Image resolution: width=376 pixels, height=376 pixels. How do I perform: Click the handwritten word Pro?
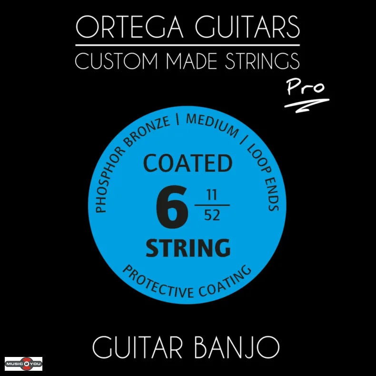(x=306, y=87)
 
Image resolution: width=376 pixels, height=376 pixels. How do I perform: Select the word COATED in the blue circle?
(x=188, y=164)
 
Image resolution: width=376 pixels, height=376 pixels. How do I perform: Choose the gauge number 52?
(x=212, y=216)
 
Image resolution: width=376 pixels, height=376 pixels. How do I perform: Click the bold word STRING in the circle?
(x=188, y=248)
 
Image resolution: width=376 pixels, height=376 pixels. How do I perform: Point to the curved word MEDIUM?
(x=212, y=125)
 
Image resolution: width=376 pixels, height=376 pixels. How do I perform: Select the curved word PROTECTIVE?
(x=152, y=282)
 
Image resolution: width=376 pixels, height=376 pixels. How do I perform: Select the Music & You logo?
(x=24, y=364)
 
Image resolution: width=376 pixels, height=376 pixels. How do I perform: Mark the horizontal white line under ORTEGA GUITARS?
(x=188, y=45)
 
